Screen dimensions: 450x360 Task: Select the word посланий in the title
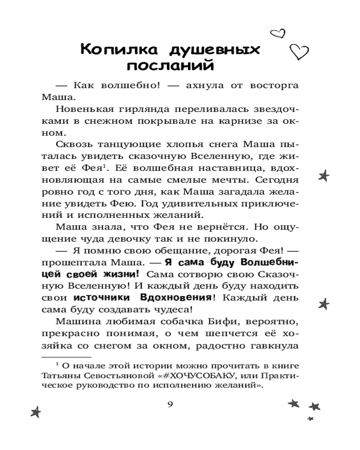pos(169,67)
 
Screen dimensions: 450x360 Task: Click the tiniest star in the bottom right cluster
pos(310,418)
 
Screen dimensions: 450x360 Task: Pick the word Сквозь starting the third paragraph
pos(74,145)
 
